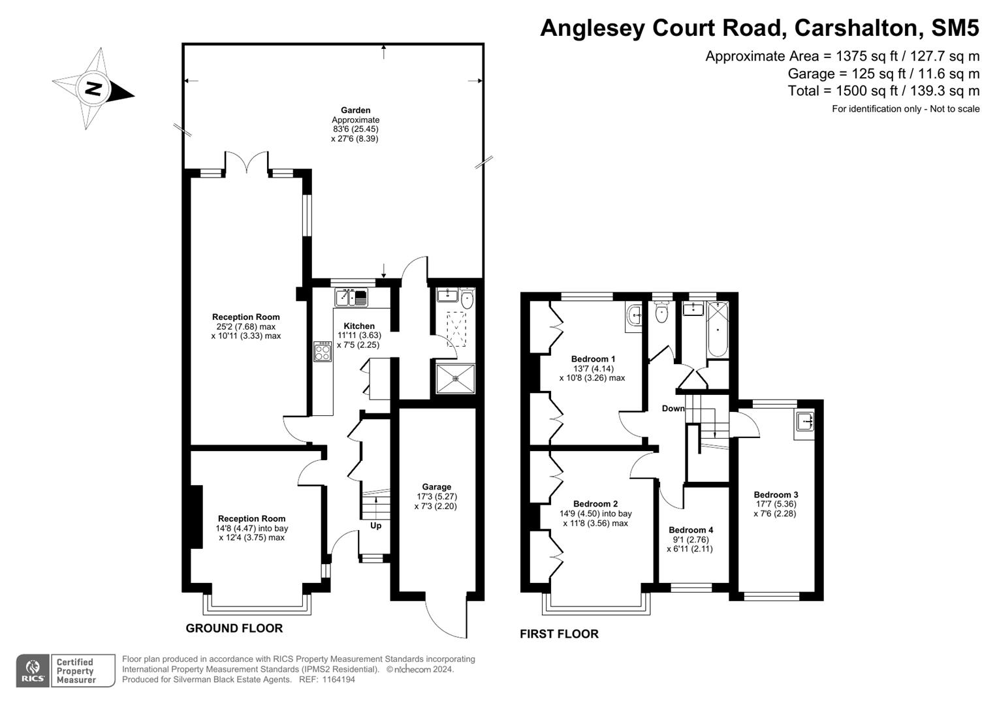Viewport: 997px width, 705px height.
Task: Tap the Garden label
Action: click(355, 110)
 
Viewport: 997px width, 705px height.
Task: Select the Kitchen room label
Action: click(359, 326)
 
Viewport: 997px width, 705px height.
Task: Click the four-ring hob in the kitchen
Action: click(323, 352)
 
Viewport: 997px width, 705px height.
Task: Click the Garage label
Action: click(436, 486)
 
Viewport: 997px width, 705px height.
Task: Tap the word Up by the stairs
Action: click(376, 525)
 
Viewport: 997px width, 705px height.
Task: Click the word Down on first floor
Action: click(673, 409)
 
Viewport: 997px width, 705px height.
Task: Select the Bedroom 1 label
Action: click(593, 358)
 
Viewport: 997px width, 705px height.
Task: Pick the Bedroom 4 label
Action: click(691, 529)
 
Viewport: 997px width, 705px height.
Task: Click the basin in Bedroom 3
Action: click(805, 422)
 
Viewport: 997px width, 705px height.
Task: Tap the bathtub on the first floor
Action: click(718, 330)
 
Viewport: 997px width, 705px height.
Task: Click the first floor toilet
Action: click(661, 313)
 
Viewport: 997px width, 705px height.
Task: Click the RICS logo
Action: click(33, 670)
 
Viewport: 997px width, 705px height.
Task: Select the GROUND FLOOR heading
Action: click(234, 628)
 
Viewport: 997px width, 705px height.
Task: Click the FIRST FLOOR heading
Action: click(559, 634)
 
